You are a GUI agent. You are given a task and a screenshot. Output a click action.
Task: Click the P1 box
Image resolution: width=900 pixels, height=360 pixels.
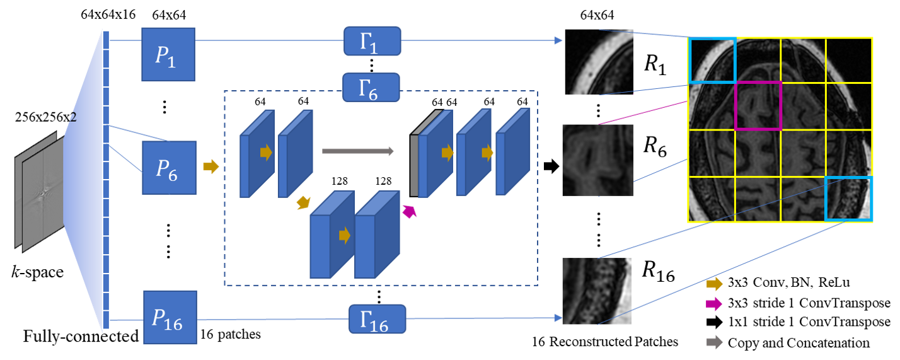(x=168, y=54)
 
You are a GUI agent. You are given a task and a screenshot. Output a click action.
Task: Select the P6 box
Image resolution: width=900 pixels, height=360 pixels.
(x=169, y=168)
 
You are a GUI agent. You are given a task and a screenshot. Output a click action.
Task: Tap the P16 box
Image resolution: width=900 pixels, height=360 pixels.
(x=170, y=317)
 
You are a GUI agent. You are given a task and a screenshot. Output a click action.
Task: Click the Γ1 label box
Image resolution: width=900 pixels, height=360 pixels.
(x=372, y=41)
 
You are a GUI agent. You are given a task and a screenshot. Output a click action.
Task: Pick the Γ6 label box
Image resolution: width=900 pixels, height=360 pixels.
(x=371, y=88)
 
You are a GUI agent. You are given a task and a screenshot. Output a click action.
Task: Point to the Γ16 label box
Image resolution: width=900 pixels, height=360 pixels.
(x=377, y=319)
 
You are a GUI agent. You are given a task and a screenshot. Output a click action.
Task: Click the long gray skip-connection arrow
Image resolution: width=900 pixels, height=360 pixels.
(x=357, y=151)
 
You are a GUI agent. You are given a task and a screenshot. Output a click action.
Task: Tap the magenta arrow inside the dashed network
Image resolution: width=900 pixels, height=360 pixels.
(x=410, y=211)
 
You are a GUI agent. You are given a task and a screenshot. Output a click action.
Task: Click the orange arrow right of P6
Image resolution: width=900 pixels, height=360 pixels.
(x=211, y=166)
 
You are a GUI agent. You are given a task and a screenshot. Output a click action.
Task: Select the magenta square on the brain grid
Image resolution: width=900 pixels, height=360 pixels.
(x=758, y=106)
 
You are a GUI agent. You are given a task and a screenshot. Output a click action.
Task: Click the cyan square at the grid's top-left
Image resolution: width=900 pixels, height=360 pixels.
(x=713, y=60)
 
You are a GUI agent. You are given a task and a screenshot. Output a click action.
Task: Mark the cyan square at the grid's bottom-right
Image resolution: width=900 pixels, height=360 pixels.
(x=849, y=199)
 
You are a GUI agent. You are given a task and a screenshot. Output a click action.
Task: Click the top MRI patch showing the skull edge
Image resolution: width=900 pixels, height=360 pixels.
(x=598, y=62)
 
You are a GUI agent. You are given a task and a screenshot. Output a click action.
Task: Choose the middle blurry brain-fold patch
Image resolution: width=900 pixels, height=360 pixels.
(x=597, y=160)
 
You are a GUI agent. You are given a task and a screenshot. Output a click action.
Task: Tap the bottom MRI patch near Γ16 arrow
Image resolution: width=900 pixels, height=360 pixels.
(x=596, y=291)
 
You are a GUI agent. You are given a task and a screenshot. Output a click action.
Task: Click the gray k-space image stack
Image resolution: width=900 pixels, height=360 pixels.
(x=40, y=192)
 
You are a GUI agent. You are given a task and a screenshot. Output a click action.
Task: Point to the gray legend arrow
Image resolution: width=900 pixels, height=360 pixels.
(x=713, y=342)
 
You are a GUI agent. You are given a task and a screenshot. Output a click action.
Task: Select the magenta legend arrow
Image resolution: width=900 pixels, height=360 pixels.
(x=713, y=304)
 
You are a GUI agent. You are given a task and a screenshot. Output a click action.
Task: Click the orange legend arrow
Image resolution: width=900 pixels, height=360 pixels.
(x=713, y=284)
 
